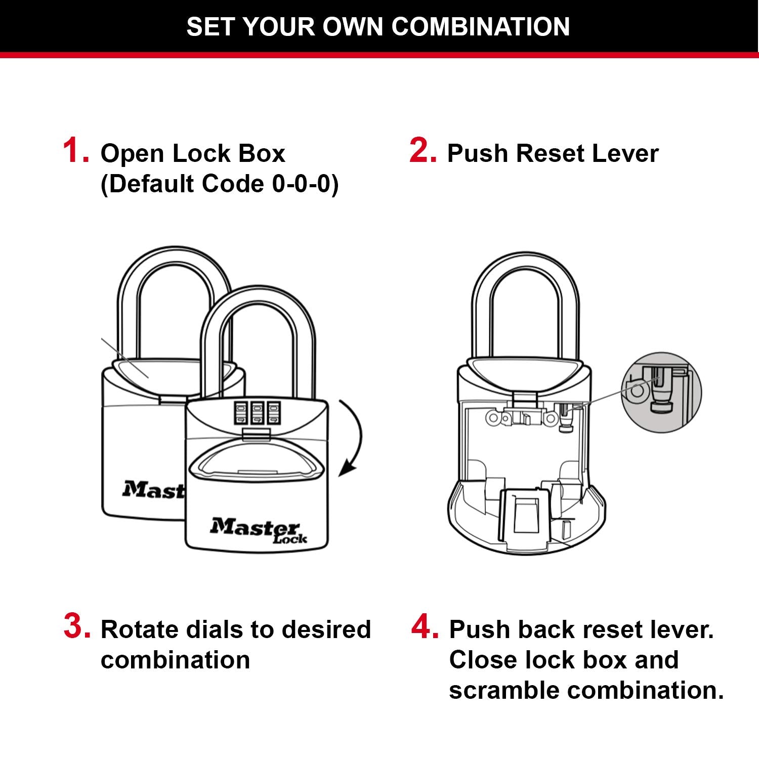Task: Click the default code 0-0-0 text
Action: click(305, 184)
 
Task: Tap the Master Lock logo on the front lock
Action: click(258, 530)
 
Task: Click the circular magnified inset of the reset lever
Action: click(661, 392)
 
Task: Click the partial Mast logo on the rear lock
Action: click(152, 490)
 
